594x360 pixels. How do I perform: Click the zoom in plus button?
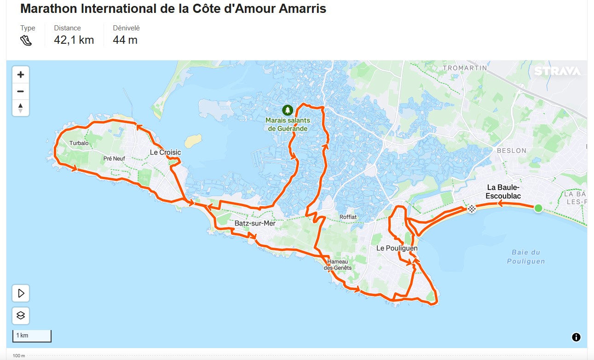pyautogui.click(x=21, y=75)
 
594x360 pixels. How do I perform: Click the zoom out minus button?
pyautogui.click(x=21, y=91)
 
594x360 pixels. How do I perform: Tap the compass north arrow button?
pyautogui.click(x=21, y=108)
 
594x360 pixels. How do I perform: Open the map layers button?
pyautogui.click(x=21, y=316)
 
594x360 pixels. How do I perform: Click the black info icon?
pyautogui.click(x=576, y=337)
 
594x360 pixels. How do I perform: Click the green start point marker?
pyautogui.click(x=538, y=208)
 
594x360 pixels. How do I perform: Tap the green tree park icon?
pyautogui.click(x=288, y=110)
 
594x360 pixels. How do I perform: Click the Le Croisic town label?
pyautogui.click(x=165, y=152)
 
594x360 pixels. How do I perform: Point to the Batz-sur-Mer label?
pyautogui.click(x=255, y=223)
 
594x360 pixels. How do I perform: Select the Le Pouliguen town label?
pyautogui.click(x=397, y=248)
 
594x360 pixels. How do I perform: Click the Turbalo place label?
pyautogui.click(x=79, y=143)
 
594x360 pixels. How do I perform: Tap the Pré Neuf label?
pyautogui.click(x=115, y=159)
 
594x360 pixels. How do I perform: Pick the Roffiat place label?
pyautogui.click(x=348, y=217)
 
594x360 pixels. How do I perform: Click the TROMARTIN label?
pyautogui.click(x=465, y=68)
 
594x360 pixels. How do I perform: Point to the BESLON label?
pyautogui.click(x=511, y=151)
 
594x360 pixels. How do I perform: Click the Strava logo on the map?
pyautogui.click(x=557, y=71)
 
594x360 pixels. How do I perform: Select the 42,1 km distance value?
pyautogui.click(x=74, y=40)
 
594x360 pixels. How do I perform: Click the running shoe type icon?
pyautogui.click(x=26, y=41)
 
